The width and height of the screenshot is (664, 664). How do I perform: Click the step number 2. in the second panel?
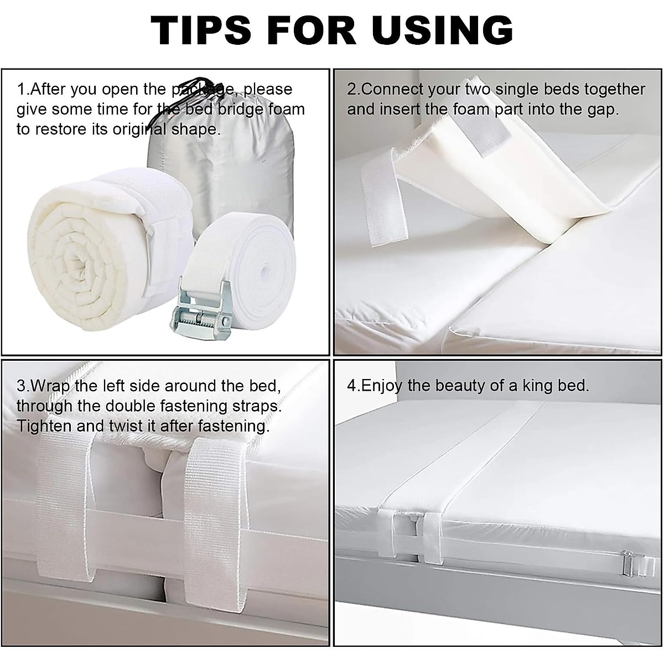pos(353,89)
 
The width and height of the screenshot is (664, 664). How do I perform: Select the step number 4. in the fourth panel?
pos(353,386)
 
